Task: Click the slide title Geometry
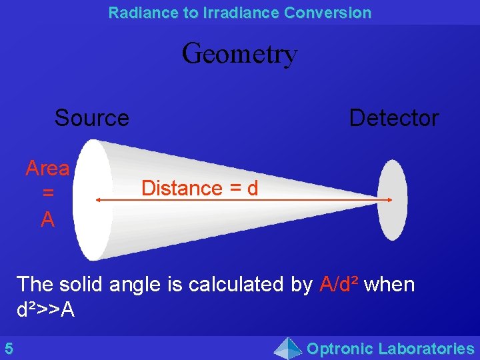click(x=239, y=53)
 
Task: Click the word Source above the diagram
click(x=92, y=118)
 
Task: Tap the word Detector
click(x=393, y=118)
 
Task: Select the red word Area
click(x=47, y=168)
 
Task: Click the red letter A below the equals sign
click(x=47, y=219)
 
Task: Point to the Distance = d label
click(x=199, y=188)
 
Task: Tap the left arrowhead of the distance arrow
click(x=98, y=199)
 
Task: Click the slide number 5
click(x=9, y=348)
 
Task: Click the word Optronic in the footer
click(x=339, y=348)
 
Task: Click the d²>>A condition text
click(x=45, y=309)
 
